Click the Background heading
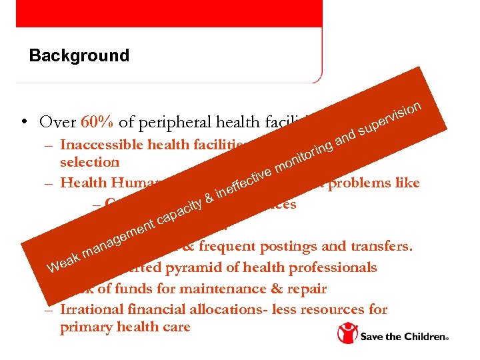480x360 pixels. tap(79, 55)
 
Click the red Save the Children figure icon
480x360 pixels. tap(347, 333)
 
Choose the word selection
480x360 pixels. tap(89, 162)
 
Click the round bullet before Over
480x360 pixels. tap(23, 122)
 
